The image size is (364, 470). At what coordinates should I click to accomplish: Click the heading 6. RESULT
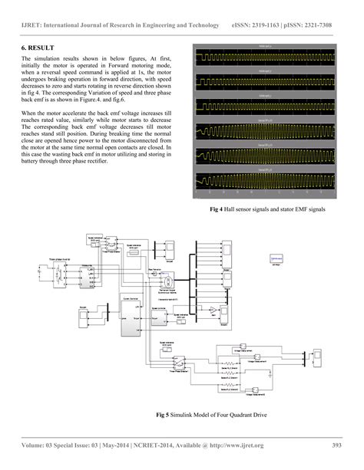(38, 49)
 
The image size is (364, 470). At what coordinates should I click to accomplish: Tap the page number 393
(336, 445)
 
